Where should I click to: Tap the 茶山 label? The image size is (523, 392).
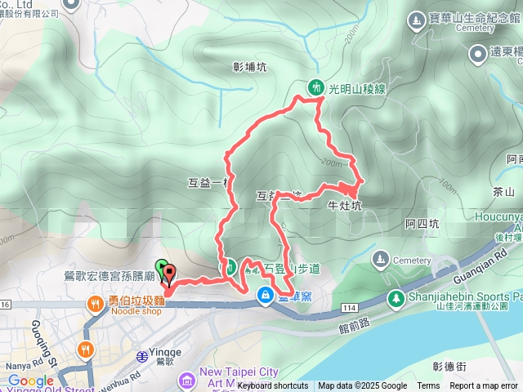(x=504, y=192)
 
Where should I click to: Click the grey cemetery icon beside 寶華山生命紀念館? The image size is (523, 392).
(x=418, y=17)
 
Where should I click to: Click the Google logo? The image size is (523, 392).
(x=30, y=381)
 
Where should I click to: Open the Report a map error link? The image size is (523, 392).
(x=483, y=386)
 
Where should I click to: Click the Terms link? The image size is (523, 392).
(x=428, y=386)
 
